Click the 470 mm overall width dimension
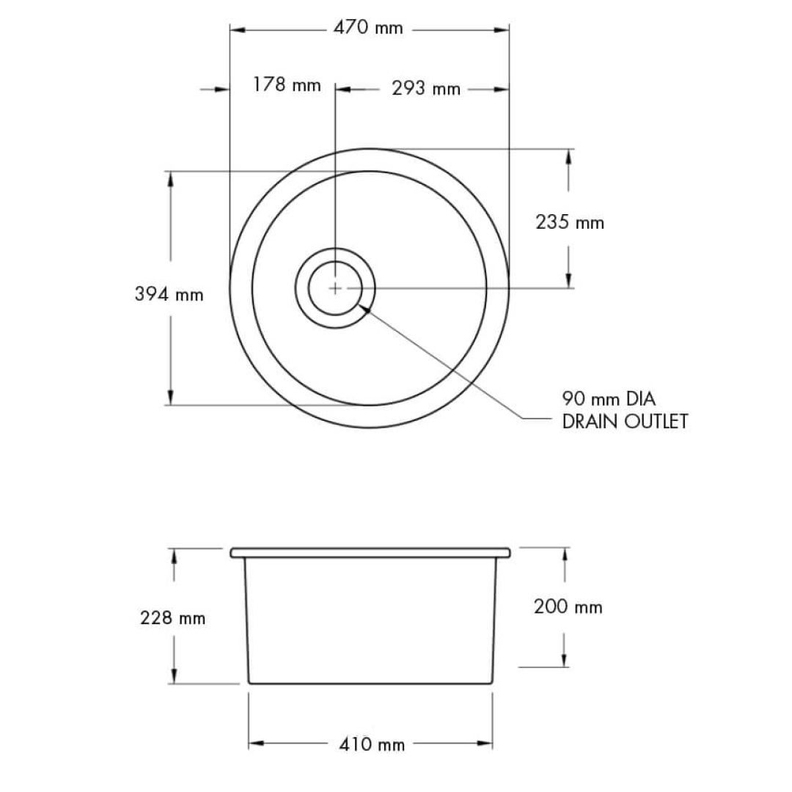[368, 29]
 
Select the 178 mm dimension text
[287, 85]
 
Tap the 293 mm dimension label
[425, 89]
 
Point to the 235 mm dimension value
[570, 221]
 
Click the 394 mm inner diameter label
[169, 294]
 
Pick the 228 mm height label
[172, 618]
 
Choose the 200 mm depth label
[568, 607]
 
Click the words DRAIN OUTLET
[625, 422]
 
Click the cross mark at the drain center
[335, 288]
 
